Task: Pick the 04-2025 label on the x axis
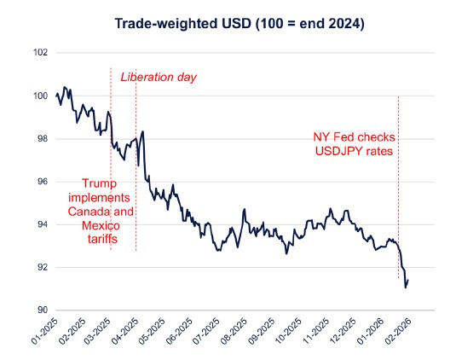tap(124, 331)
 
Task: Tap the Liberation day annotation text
tap(159, 78)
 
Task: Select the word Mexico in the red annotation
tap(101, 225)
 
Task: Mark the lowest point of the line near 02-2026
tap(406, 287)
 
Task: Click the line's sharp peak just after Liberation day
tap(142, 131)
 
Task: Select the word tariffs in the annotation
tap(101, 240)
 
